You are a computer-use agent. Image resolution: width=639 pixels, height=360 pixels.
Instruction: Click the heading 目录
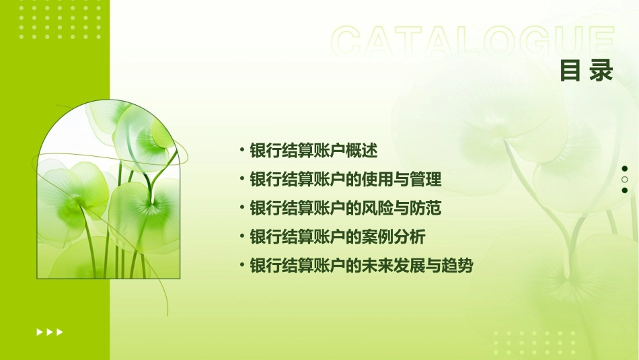pyautogui.click(x=587, y=70)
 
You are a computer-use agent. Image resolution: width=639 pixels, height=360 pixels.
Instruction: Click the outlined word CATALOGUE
pyautogui.click(x=473, y=42)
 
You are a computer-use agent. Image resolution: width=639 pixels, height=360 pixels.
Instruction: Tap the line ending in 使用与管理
pyautogui.click(x=345, y=180)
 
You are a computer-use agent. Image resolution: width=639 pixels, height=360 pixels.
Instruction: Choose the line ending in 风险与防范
pyautogui.click(x=345, y=208)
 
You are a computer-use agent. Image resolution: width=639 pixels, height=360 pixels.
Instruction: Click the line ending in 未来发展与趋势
pyautogui.click(x=361, y=266)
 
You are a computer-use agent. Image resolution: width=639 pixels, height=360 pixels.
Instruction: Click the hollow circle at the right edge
pyautogui.click(x=625, y=180)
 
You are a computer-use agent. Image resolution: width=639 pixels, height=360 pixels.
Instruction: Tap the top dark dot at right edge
pyautogui.click(x=625, y=169)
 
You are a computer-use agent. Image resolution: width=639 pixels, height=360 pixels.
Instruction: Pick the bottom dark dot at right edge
pyautogui.click(x=625, y=190)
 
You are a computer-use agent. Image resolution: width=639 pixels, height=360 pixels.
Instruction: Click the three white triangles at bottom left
pyautogui.click(x=49, y=332)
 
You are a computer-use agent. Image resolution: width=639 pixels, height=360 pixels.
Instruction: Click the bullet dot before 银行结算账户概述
pyautogui.click(x=241, y=150)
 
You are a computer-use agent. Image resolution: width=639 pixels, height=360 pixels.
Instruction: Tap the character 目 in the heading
pyautogui.click(x=570, y=70)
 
